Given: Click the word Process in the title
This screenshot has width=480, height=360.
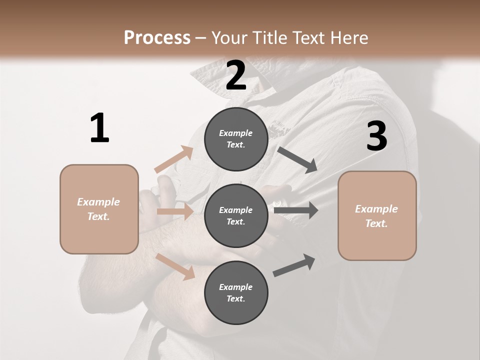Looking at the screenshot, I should click(x=157, y=37).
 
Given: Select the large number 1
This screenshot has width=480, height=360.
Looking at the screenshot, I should click(x=99, y=128).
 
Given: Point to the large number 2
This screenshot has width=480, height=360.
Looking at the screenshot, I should click(x=236, y=75).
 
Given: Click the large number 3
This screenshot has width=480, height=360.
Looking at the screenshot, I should click(x=377, y=136).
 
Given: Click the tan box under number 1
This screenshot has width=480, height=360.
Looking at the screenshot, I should click(x=99, y=209).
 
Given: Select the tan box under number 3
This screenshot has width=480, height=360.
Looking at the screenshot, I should click(x=377, y=215).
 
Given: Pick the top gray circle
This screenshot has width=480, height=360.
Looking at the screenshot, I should click(x=236, y=139).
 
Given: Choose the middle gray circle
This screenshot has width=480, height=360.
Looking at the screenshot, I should click(x=236, y=215).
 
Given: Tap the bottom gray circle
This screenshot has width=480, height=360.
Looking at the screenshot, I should click(x=236, y=292).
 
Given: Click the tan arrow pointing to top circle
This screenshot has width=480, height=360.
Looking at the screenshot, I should click(x=174, y=159).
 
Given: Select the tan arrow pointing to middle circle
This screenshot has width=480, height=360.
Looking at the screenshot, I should click(x=175, y=211).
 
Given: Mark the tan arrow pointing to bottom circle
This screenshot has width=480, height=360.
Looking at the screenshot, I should click(x=175, y=266).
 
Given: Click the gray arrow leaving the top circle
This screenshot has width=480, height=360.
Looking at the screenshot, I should click(x=297, y=159).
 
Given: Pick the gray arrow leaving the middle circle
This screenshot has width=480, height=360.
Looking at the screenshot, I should click(x=296, y=210).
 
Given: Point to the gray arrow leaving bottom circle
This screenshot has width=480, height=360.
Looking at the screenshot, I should click(x=294, y=265).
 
